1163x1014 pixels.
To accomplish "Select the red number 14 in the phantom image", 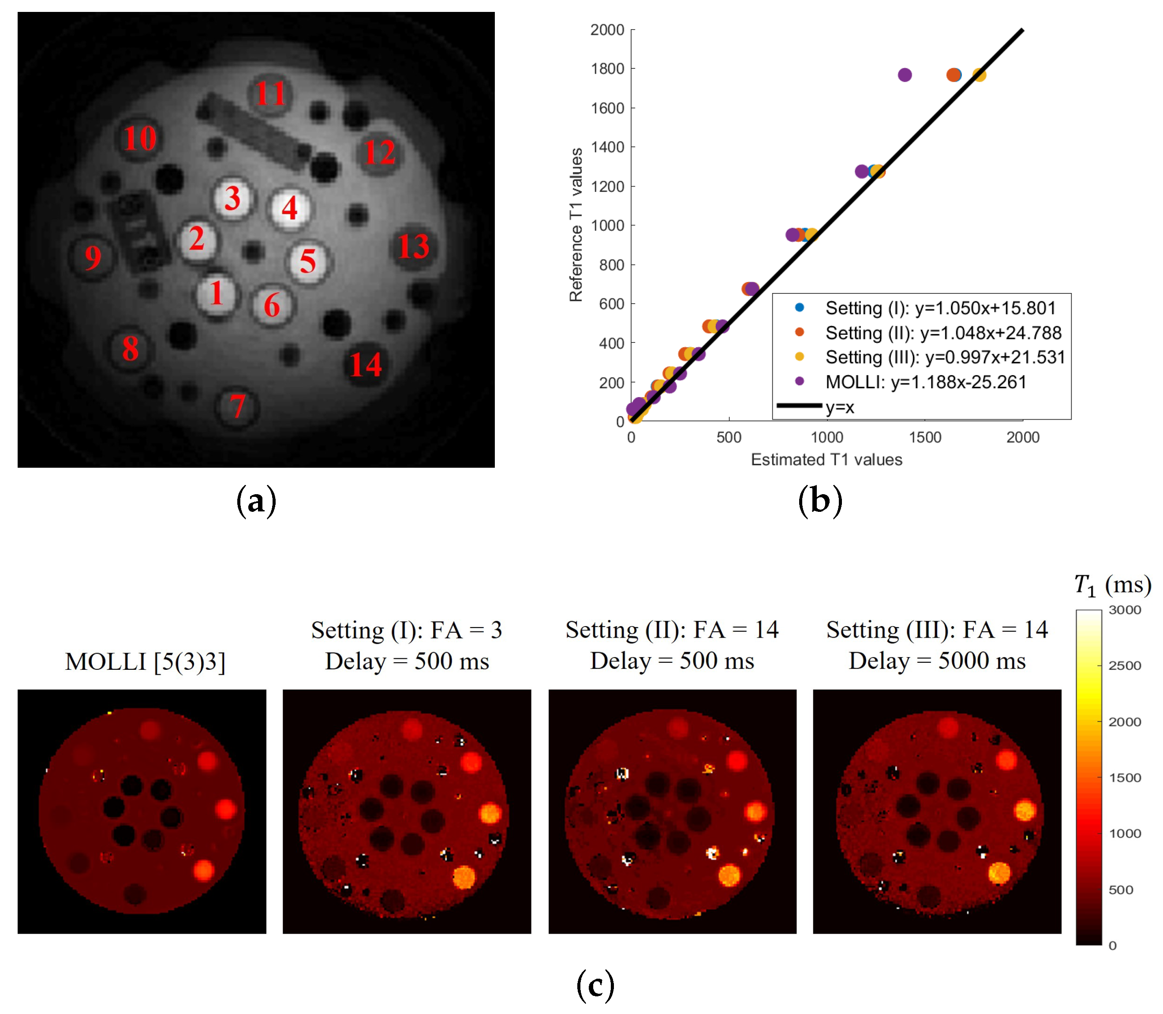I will [x=366, y=365].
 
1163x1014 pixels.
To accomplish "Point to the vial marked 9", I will [x=92, y=257].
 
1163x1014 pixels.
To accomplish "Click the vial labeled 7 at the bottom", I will [x=237, y=406].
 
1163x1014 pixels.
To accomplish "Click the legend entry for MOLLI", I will [x=925, y=383].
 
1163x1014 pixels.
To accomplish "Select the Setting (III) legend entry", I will [x=944, y=357].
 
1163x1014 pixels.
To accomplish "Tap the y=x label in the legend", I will [x=839, y=407].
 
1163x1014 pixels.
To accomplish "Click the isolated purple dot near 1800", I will [x=905, y=75].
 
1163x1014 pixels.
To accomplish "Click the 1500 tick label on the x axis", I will [x=925, y=437].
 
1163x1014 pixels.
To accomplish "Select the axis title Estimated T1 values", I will [x=826, y=459].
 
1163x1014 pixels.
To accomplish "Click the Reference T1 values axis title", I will [x=576, y=225].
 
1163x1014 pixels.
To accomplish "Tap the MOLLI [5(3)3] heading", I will [x=146, y=661].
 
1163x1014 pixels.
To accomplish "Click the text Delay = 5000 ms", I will [x=937, y=661].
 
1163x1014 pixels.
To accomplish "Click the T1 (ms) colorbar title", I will [x=1113, y=585].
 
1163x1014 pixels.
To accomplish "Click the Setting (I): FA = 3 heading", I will [x=406, y=630].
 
